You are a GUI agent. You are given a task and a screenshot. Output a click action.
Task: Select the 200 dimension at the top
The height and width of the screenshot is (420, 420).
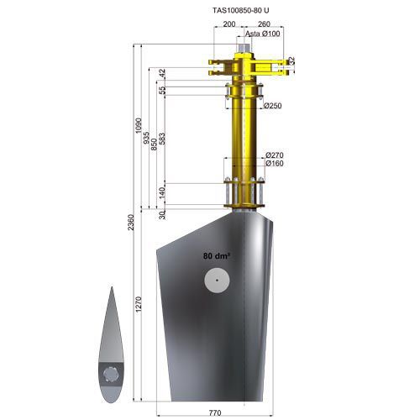(229, 25)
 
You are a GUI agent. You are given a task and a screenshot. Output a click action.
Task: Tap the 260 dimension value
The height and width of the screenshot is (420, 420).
(265, 25)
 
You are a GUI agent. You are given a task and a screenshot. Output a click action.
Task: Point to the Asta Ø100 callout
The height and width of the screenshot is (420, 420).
(262, 34)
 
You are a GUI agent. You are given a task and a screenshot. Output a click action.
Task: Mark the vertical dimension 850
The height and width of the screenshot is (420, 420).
(155, 143)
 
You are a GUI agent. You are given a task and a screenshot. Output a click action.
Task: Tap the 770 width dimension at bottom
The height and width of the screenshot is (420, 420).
(214, 413)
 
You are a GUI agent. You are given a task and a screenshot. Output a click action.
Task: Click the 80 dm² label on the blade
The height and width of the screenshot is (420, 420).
(216, 254)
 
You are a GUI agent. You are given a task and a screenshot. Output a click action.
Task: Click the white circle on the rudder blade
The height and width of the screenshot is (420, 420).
(217, 280)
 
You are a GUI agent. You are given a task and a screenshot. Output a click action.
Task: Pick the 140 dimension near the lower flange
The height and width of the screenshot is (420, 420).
(162, 193)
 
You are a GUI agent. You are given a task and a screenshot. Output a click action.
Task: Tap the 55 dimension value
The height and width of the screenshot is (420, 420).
(162, 90)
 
